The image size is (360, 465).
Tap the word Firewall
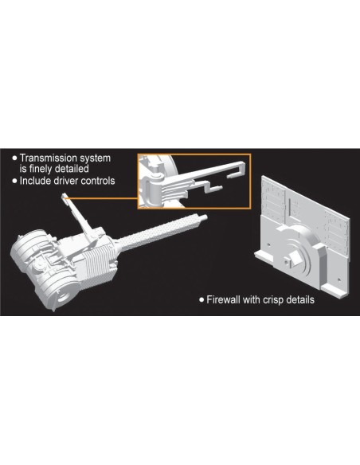coord(223,299)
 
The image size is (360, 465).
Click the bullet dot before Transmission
coord(15,158)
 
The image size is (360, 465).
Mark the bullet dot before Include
coord(15,181)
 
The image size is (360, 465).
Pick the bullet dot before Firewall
coord(202,300)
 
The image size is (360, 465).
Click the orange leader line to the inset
coord(101,198)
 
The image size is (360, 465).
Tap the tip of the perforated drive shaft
coord(205,217)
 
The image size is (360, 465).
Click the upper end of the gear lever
coord(64,196)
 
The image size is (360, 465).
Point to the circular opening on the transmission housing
coord(66,296)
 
